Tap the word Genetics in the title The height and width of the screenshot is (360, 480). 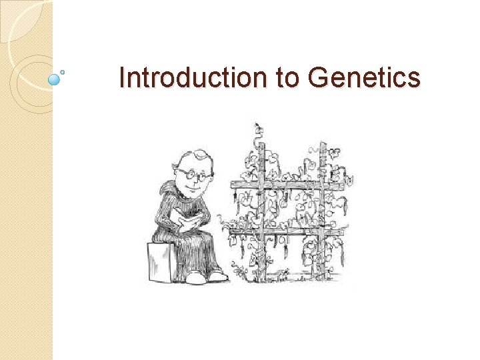coord(364,79)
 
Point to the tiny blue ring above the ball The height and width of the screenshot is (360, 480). coord(63,71)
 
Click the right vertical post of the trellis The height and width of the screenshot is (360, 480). coord(322,213)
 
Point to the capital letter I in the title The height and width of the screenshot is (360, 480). coord(121,79)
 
